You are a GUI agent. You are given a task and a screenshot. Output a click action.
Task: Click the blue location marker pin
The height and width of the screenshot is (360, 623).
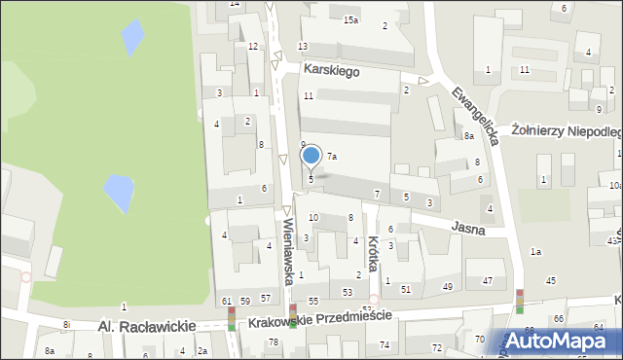coord(311,156)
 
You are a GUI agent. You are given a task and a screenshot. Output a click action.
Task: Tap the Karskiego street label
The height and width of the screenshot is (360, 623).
coord(331,71)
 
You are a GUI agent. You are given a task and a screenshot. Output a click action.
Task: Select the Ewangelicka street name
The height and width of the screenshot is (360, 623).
coord(476,112)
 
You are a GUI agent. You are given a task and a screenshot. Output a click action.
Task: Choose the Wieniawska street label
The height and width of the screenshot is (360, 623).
coord(289,250)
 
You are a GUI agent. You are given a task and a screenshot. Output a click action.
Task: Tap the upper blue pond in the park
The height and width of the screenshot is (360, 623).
coord(131,37)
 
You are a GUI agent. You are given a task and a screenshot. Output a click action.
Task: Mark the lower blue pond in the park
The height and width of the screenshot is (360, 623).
coord(119,192)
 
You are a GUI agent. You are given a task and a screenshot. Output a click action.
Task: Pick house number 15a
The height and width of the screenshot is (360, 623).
coord(350,19)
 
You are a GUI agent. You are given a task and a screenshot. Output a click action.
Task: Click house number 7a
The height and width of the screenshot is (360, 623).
coord(332,156)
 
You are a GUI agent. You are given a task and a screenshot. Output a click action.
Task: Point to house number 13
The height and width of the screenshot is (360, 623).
coord(303,47)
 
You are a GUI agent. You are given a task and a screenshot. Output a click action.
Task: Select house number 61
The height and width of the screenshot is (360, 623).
coord(226,301)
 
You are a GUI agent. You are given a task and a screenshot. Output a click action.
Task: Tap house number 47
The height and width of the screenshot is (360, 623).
coord(487,280)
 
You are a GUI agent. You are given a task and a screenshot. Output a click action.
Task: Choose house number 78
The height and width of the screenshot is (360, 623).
coord(274,342)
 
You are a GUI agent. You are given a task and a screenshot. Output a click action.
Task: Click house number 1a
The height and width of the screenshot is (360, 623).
coord(535,252)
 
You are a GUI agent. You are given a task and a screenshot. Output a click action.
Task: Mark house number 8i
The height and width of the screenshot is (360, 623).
coord(66,324)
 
